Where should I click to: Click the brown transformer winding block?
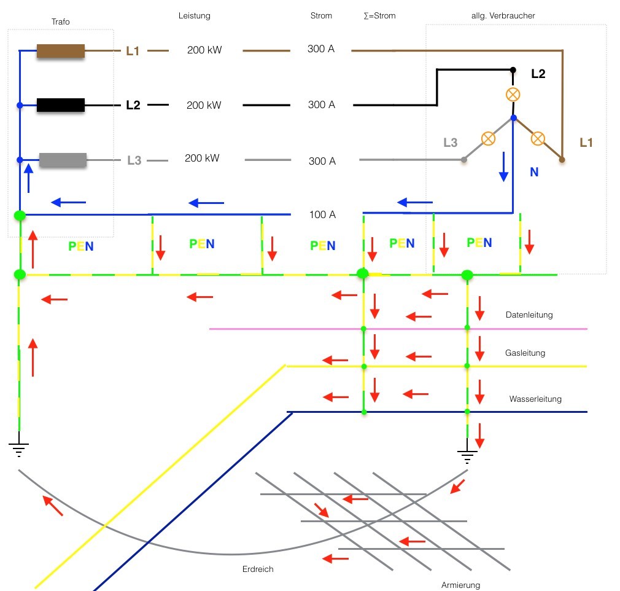[60, 51]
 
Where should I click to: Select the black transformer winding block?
[60, 105]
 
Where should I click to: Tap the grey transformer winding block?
[63, 160]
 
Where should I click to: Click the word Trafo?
[60, 22]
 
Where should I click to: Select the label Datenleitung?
[529, 315]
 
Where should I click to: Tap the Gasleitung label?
[525, 353]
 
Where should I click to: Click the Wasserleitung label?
[535, 399]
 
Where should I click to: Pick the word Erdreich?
[258, 569]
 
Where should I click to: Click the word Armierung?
[460, 585]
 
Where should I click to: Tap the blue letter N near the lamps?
[534, 173]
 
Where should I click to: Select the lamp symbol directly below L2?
[512, 95]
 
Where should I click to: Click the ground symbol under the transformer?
[20, 451]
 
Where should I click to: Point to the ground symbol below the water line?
[467, 456]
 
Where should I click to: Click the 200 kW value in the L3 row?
[202, 159]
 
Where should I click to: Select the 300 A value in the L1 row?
[321, 49]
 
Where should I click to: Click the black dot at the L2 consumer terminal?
[513, 70]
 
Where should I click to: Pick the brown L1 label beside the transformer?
[133, 51]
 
